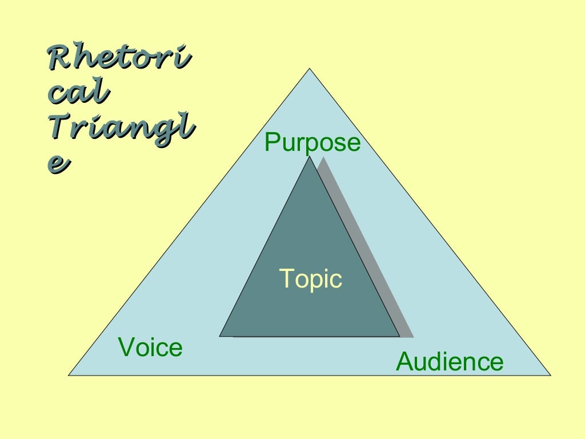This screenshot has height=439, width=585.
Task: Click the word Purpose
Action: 312,143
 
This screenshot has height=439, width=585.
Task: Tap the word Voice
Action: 150,347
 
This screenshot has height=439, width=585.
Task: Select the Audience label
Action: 450,361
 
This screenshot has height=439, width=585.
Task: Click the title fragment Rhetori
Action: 120,57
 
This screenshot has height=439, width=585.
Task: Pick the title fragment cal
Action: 78,91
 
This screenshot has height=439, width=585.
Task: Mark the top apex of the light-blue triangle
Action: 309,69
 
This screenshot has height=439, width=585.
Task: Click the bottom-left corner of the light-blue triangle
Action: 69,375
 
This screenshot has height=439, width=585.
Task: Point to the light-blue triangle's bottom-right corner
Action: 551,375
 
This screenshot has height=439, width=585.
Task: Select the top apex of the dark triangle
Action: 309,156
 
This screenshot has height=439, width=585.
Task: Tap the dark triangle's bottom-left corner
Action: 219,336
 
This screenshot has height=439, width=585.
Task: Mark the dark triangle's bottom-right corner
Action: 399,336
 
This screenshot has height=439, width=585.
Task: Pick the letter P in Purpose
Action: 273,142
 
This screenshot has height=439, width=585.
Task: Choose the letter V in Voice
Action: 127,347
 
